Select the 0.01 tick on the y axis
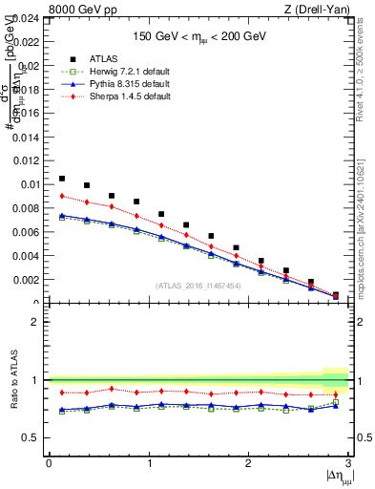[x=31, y=184]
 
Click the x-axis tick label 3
[x=349, y=463]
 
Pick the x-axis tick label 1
[x=149, y=463]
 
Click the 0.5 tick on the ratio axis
[x=32, y=437]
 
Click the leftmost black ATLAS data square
[x=62, y=179]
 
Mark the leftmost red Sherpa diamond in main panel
[x=62, y=197]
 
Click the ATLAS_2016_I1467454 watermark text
[x=198, y=286]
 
